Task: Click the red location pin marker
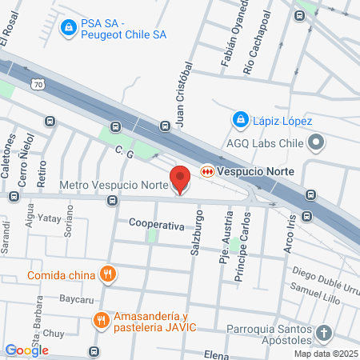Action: pyautogui.click(x=180, y=178)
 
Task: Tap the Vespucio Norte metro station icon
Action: pyautogui.click(x=207, y=170)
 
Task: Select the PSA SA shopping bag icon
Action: pyautogui.click(x=70, y=28)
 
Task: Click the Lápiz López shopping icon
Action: pyautogui.click(x=238, y=120)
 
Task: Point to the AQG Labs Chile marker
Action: pyautogui.click(x=317, y=143)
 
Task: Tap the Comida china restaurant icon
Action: pyautogui.click(x=110, y=275)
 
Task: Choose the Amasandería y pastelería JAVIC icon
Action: pyautogui.click(x=101, y=322)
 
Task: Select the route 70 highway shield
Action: pyautogui.click(x=39, y=82)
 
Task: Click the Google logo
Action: pyautogui.click(x=26, y=350)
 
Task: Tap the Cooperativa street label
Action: pyautogui.click(x=157, y=226)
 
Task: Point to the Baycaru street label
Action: pyautogui.click(x=78, y=298)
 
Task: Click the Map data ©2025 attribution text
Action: pyautogui.click(x=325, y=353)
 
